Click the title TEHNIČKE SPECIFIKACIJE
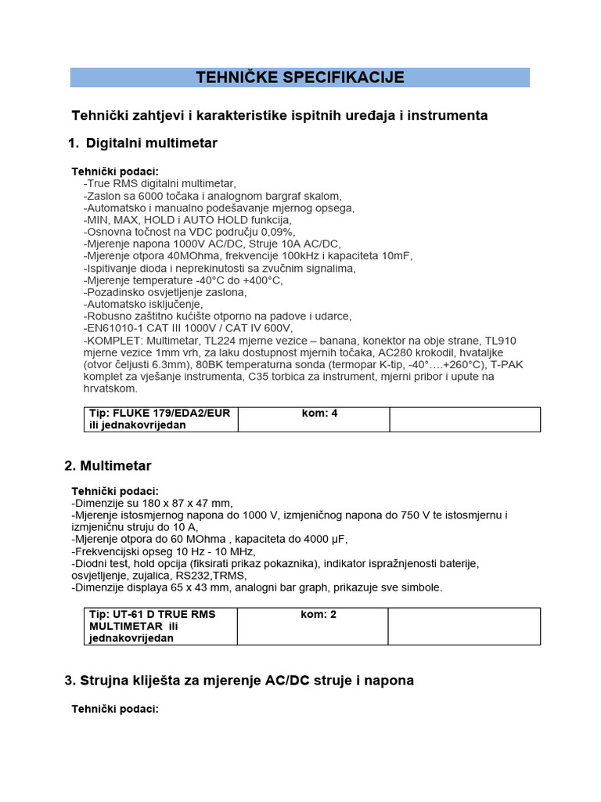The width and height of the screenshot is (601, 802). [300, 78]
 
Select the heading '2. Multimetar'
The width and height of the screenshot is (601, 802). [107, 466]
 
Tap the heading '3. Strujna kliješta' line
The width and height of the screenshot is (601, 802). [239, 681]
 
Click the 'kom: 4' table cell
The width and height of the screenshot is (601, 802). [319, 414]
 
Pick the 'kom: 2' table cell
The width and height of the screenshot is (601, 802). [318, 615]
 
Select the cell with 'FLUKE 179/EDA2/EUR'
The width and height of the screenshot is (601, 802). [160, 414]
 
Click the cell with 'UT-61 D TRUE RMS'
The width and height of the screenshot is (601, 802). [153, 615]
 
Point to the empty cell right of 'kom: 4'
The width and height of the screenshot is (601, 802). [465, 419]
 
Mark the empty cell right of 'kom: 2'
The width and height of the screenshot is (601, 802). [464, 627]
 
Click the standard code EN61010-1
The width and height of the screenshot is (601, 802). [118, 328]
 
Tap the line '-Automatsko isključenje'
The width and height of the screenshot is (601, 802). [142, 304]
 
